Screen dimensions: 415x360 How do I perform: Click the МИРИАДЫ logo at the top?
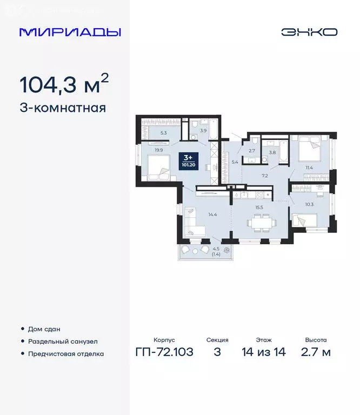[70, 32]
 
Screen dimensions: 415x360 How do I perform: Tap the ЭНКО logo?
[309, 32]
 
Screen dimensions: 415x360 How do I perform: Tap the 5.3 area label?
[156, 131]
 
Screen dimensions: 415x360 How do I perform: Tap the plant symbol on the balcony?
[226, 250]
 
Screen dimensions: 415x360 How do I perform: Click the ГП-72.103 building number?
[164, 353]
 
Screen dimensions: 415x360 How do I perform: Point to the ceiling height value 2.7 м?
[315, 353]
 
